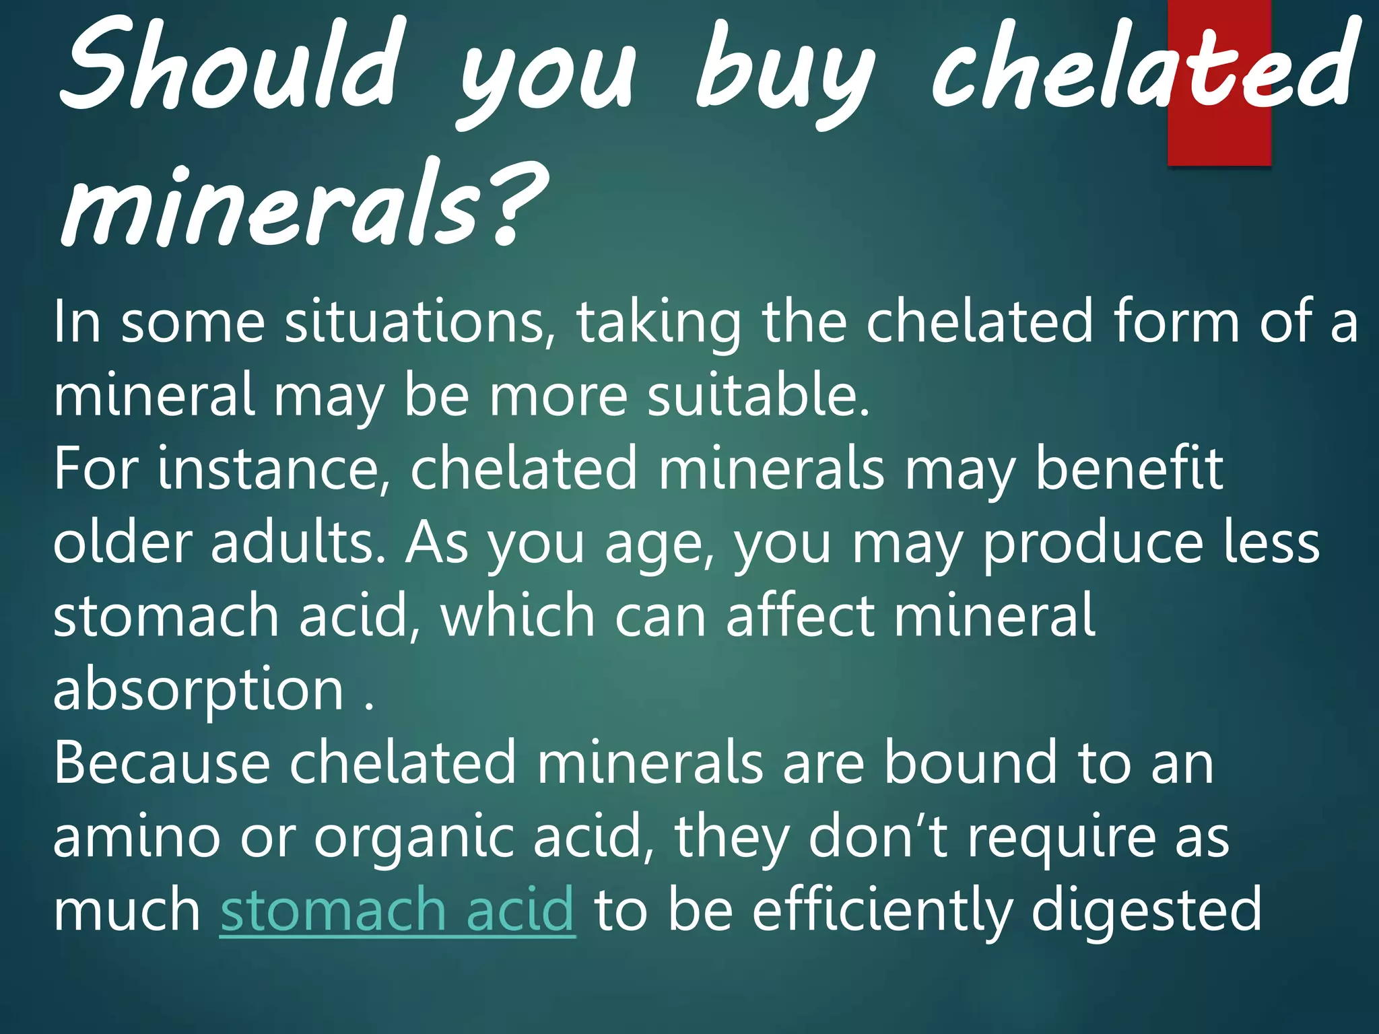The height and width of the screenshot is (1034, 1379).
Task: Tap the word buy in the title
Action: pyautogui.click(x=784, y=74)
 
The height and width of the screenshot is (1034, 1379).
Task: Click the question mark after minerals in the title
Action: pyautogui.click(x=515, y=205)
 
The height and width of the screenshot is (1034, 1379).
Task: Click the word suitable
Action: pyautogui.click(x=758, y=396)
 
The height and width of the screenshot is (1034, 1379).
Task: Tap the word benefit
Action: pyautogui.click(x=1129, y=469)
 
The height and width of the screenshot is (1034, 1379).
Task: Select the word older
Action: pyautogui.click(x=122, y=543)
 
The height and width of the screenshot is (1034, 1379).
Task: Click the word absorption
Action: pyautogui.click(x=199, y=692)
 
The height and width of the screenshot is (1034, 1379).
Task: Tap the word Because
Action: pyautogui.click(x=162, y=763)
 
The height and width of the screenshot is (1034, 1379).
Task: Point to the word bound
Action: pyautogui.click(x=970, y=763)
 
